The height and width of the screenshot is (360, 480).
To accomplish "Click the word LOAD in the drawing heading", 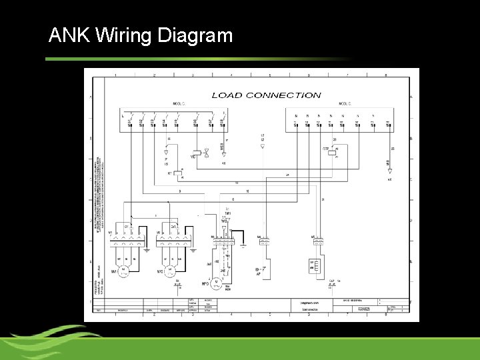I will click(x=227, y=95).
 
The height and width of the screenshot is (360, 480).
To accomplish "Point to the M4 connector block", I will click(x=263, y=241).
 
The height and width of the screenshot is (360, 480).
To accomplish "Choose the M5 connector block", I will click(x=317, y=241).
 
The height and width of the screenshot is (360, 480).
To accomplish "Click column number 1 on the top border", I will click(x=115, y=75).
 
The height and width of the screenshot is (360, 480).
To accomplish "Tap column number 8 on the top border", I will click(x=387, y=75).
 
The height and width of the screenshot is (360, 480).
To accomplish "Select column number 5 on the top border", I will click(x=270, y=75).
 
